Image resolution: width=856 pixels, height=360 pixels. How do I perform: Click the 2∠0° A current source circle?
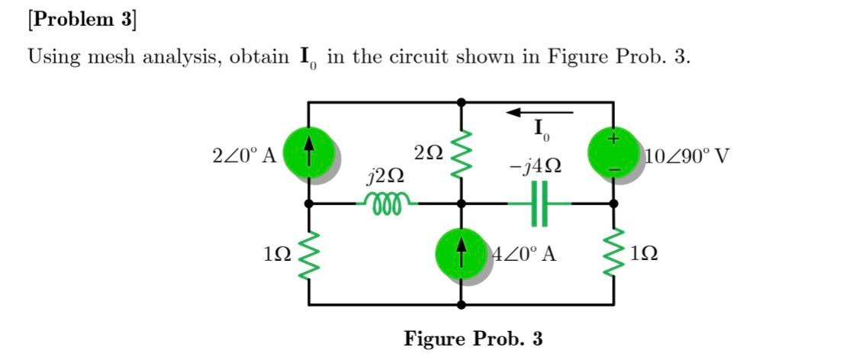[307, 153]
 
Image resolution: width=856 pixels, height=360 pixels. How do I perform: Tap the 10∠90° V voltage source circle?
[613, 153]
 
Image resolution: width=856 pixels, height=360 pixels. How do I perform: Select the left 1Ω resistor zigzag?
[308, 254]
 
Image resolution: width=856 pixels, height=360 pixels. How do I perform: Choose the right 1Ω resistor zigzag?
[613, 254]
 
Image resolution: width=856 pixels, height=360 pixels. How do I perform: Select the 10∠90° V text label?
[687, 157]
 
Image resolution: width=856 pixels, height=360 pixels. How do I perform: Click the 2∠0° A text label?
[243, 156]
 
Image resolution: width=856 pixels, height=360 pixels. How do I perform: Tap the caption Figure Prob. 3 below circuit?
[473, 338]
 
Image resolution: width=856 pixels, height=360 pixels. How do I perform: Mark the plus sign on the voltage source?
[612, 140]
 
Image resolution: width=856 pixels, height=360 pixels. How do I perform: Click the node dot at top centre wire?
[460, 101]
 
